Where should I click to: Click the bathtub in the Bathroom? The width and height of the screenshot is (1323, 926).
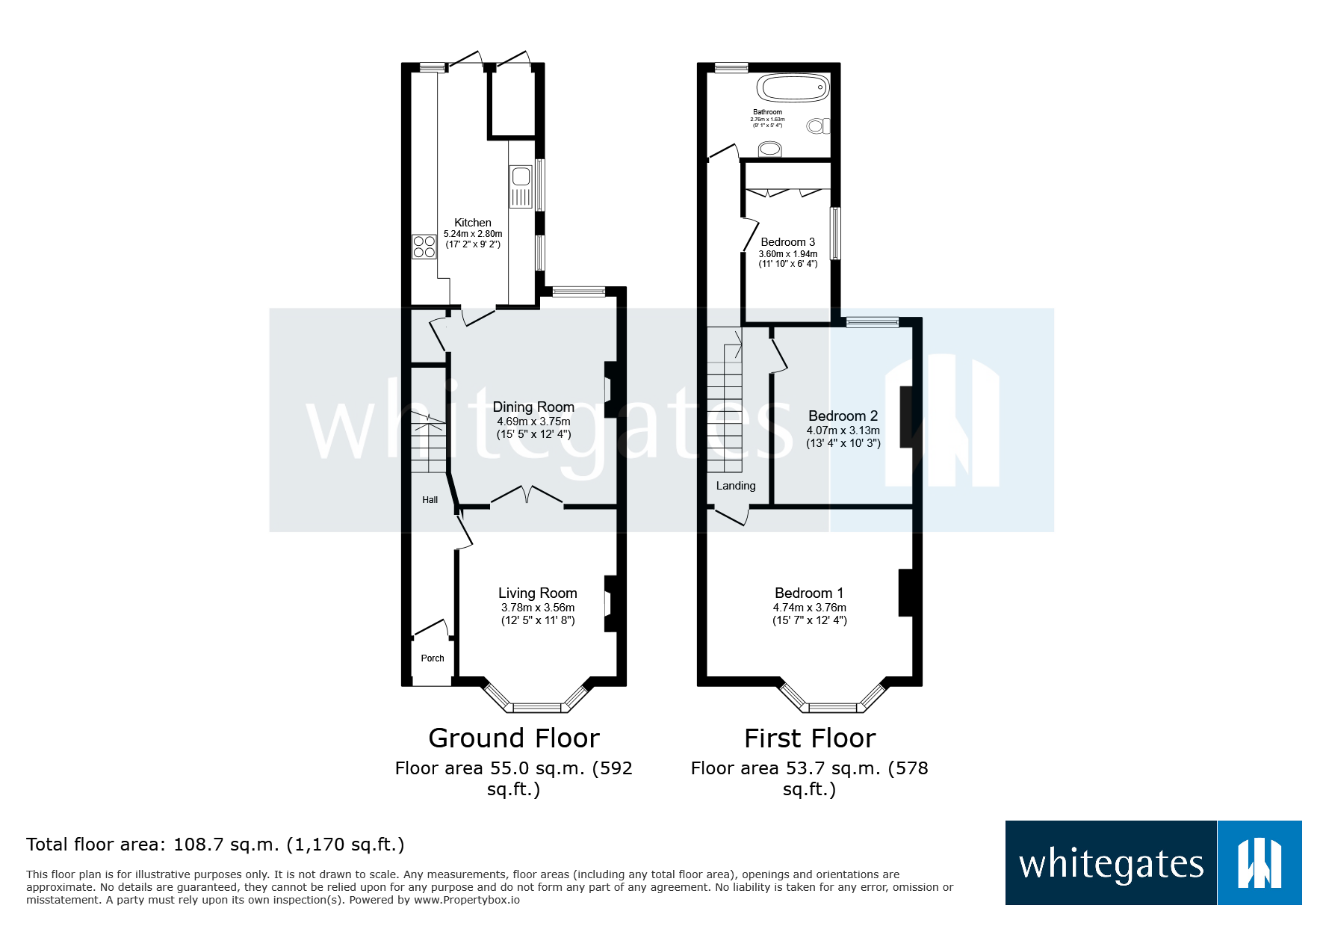click(793, 88)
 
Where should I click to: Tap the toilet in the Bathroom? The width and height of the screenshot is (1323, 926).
click(817, 126)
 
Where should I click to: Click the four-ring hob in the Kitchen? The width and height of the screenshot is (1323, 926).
click(424, 247)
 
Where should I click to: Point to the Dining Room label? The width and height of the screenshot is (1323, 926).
click(533, 407)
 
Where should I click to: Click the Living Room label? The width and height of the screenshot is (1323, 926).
click(537, 593)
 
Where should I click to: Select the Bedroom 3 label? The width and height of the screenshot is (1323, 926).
click(787, 242)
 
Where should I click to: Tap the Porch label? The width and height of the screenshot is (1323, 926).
click(432, 658)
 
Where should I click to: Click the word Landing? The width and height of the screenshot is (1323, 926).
click(736, 486)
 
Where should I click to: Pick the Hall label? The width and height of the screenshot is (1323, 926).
click(430, 500)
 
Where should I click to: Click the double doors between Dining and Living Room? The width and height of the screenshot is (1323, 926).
click(527, 496)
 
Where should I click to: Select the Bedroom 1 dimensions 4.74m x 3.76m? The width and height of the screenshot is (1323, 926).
click(809, 608)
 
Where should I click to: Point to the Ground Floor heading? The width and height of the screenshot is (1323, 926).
click(514, 738)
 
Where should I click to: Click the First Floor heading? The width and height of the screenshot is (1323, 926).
click(810, 738)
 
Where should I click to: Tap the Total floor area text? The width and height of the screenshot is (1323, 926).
click(215, 845)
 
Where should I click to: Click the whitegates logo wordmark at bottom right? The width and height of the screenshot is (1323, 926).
click(1111, 864)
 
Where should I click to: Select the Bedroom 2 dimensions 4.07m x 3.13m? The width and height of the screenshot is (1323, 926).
click(843, 430)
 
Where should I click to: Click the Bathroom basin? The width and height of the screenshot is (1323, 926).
click(769, 149)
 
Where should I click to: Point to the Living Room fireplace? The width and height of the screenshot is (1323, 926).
click(610, 603)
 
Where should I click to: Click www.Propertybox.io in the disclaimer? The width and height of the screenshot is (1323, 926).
click(466, 900)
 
